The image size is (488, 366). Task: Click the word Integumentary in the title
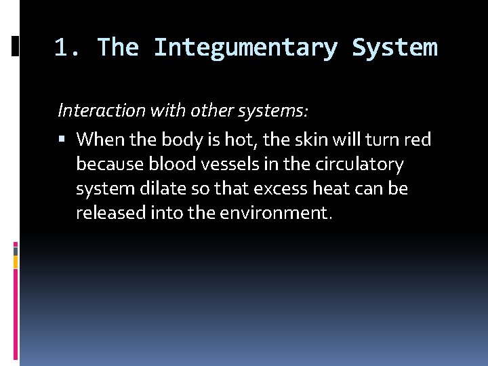click(x=245, y=48)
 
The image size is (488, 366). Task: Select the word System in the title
click(x=394, y=48)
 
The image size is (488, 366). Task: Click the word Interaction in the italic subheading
click(x=94, y=109)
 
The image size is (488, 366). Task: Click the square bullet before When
click(x=62, y=140)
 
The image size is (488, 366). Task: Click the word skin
click(x=308, y=140)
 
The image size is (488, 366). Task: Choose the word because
click(x=110, y=164)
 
